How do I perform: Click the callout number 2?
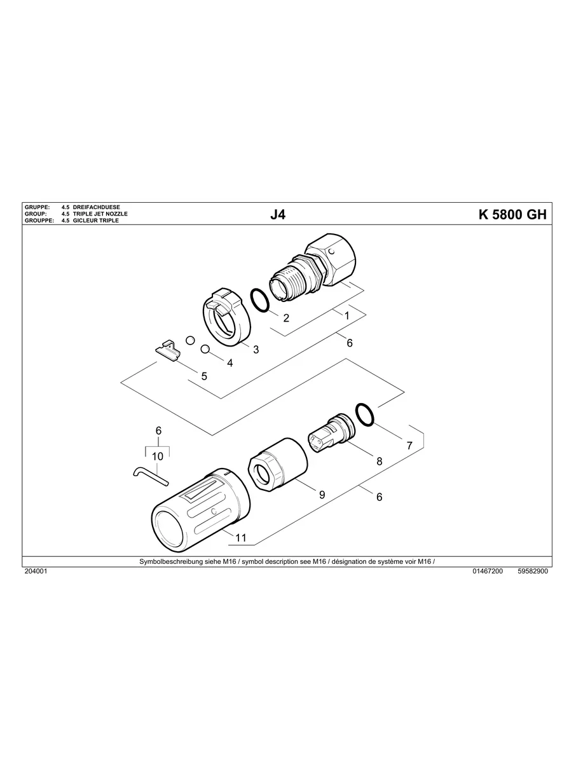[286, 318]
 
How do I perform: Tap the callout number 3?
[256, 349]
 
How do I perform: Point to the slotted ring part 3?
[223, 317]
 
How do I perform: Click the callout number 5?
[204, 376]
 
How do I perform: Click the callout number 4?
[230, 363]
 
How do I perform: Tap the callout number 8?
[380, 461]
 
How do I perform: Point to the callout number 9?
[322, 494]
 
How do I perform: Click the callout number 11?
[240, 537]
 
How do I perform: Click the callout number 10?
[158, 456]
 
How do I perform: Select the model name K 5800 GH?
[512, 214]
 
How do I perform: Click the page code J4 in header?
[278, 214]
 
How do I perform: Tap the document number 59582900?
[533, 572]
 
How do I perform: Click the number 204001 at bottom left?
[36, 572]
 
